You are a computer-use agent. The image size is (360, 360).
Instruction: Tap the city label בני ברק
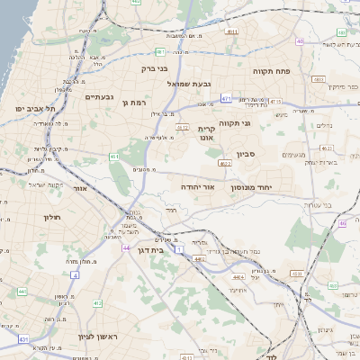coord(156,67)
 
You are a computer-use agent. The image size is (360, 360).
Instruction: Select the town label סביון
coord(246,155)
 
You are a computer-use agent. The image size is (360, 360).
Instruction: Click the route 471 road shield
coord(225,98)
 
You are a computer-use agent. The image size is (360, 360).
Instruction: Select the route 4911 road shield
coord(232,31)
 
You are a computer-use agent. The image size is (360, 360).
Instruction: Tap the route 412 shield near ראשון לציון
coord(96,303)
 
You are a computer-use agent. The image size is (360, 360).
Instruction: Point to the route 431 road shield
coord(24,339)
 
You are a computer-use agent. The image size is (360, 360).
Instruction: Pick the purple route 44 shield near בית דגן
coord(127,247)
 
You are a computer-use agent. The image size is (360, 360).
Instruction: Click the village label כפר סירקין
coord(343,87)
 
